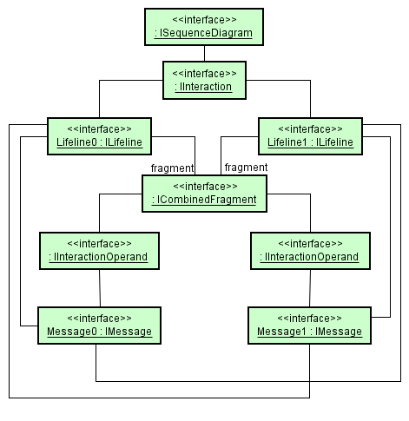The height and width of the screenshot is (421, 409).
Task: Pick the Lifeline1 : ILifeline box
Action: (309, 134)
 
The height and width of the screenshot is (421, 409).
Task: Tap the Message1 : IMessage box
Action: (309, 325)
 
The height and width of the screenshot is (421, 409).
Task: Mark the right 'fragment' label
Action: (246, 168)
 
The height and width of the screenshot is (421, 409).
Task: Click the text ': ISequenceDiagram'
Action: (202, 34)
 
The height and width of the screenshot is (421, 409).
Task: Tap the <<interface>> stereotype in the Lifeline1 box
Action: (309, 127)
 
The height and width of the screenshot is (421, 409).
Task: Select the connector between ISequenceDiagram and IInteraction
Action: (202, 52)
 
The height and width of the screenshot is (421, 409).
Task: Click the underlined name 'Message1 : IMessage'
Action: (309, 332)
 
